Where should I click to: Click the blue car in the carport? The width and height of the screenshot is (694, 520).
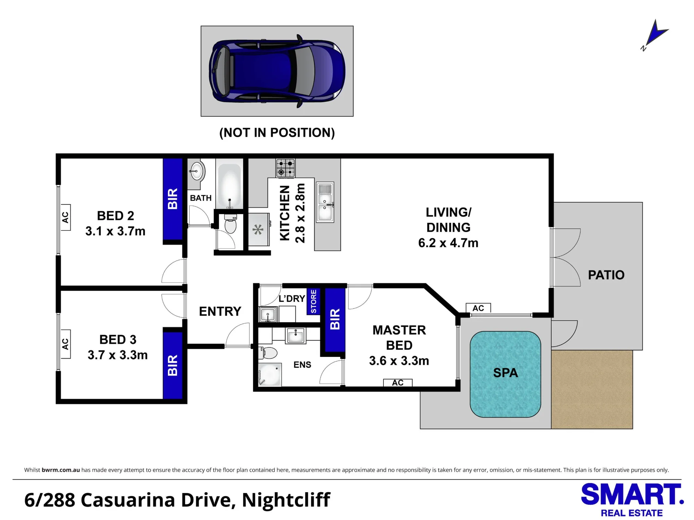pos(277,71)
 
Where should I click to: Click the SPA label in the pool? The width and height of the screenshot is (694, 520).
pos(506,373)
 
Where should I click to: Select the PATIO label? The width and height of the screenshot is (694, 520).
pos(606,275)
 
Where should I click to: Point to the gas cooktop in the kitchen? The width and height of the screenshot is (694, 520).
pos(286,168)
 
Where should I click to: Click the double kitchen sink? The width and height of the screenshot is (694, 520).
pos(325,202)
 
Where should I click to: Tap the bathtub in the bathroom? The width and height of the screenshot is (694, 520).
pos(229,186)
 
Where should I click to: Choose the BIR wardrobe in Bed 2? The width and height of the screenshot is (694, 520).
pos(173,199)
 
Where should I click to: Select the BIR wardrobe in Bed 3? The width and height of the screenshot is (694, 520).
pos(173,365)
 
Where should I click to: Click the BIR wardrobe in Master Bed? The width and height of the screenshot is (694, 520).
pos(335,319)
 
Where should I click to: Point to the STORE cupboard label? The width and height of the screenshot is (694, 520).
pos(313,301)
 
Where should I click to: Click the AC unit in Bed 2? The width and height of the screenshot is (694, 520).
pos(65,218)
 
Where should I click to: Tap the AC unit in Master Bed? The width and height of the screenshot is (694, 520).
pos(398,383)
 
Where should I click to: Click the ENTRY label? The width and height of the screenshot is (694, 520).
pos(220,312)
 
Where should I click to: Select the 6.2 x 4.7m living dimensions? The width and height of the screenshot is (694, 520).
pos(448,243)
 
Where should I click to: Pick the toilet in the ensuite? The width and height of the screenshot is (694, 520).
pos(268,353)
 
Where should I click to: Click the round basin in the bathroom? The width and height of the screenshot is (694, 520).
pos(197,171)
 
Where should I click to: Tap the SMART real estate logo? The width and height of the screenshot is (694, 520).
pos(632,500)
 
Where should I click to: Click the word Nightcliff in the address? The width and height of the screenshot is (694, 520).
pos(286,500)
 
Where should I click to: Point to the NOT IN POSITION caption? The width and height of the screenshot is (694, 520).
pos(277,133)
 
